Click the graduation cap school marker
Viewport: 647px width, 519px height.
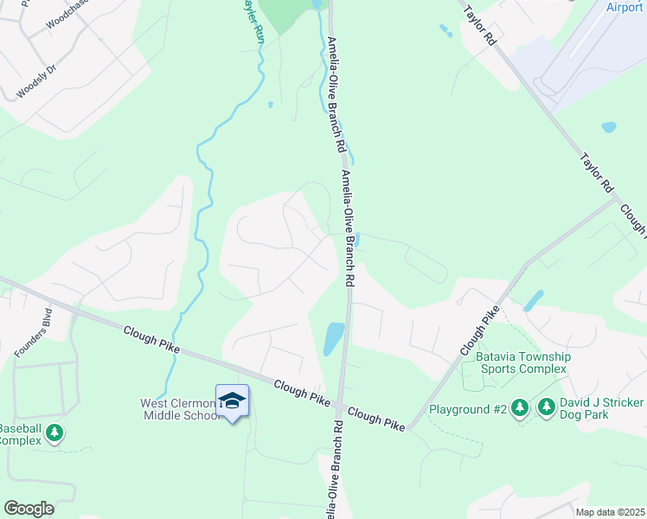coord(232,400)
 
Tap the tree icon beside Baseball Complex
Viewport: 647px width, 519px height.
coord(54,432)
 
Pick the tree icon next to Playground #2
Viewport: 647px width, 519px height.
coord(519,407)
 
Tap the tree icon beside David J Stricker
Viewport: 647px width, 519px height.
coord(546,407)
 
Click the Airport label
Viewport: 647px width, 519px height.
coord(624,7)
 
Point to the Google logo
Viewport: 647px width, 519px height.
coord(29,509)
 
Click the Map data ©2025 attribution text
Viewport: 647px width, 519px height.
coord(609,512)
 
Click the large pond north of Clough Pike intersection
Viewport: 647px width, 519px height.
coord(333,338)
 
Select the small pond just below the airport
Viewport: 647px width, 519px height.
coord(608,127)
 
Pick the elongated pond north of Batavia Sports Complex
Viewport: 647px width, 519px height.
coord(533,300)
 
